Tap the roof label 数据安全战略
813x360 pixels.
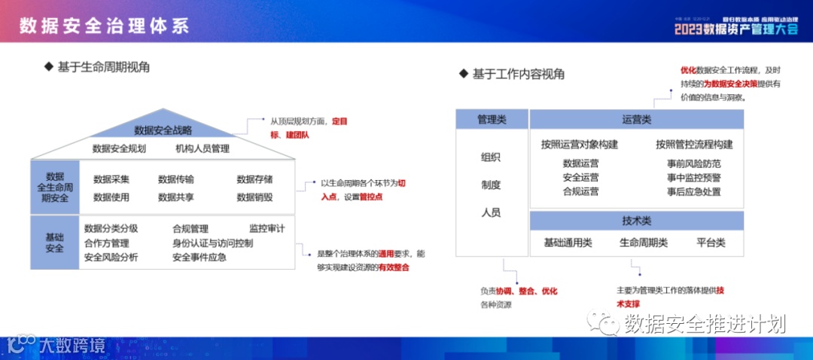pos(163,130)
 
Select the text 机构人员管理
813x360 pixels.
pos(202,148)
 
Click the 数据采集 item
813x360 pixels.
pos(111,179)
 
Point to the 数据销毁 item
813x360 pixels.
pos(254,197)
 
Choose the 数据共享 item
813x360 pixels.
pos(176,197)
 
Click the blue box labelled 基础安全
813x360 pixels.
pos(55,243)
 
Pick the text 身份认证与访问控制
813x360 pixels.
pos(212,243)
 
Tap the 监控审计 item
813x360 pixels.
pos(266,228)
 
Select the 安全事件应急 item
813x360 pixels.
pos(199,258)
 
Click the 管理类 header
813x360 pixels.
pos(491,119)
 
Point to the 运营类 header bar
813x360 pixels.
pos(636,119)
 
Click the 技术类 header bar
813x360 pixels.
pos(636,221)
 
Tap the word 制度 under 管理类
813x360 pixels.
pos(491,185)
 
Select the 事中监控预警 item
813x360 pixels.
pos(693,178)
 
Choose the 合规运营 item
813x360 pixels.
pos(581,191)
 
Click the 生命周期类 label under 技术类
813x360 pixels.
pos(644,243)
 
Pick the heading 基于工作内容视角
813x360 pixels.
pos(518,74)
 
